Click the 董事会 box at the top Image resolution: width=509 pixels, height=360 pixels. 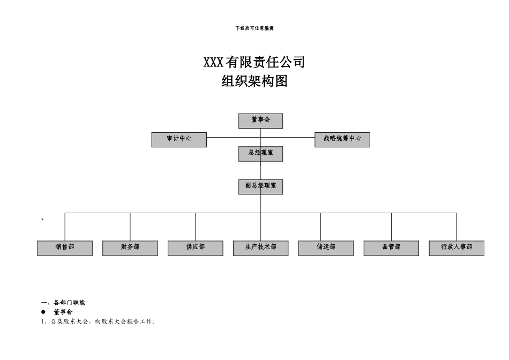tap(260, 121)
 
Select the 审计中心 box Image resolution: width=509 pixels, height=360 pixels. tap(179, 139)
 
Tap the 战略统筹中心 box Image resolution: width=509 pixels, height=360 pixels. tap(342, 139)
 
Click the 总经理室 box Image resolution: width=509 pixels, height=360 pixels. tap(260, 154)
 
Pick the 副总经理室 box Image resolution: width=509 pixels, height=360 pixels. tap(260, 186)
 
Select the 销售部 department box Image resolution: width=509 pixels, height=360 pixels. tap(65, 248)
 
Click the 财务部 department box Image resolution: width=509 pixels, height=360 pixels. tap(130, 248)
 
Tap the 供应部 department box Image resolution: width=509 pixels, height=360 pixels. tap(196, 248)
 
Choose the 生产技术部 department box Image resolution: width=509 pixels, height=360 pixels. tap(261, 248)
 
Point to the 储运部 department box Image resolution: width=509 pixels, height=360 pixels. tap(326, 248)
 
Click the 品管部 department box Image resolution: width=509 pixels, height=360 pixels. tap(391, 248)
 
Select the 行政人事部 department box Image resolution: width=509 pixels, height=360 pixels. tap(456, 248)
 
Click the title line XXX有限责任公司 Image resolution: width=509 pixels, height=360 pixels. tap(254, 63)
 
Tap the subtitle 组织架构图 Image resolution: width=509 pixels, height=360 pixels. tap(254, 82)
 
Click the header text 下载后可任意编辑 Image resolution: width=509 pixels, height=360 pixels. tap(254, 28)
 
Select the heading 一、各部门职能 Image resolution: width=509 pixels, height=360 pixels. tap(63, 303)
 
